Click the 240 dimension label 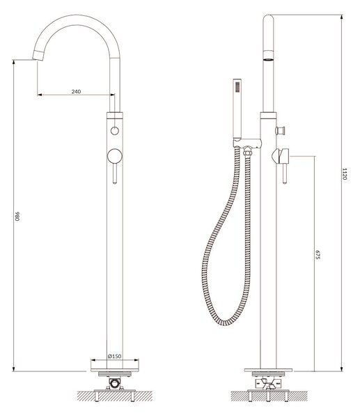pos(76,91)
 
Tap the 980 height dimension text pos(17,216)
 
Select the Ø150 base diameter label pos(115,356)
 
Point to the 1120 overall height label pos(344,173)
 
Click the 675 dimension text pos(318,254)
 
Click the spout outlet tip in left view pos(38,56)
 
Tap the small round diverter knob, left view pos(115,131)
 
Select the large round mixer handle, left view pos(115,156)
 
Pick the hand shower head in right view pos(237,109)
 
